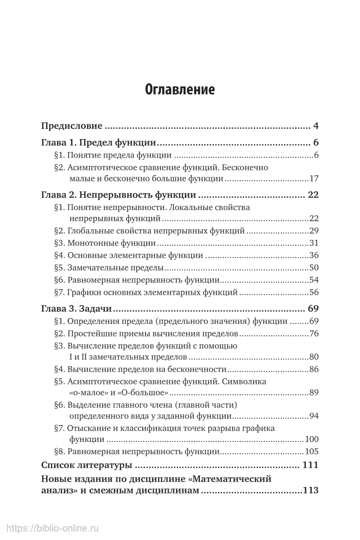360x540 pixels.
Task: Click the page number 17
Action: pyautogui.click(x=313, y=179)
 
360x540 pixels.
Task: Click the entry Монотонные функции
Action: pyautogui.click(x=112, y=243)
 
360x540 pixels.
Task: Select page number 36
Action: pyautogui.click(x=313, y=256)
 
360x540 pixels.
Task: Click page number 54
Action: pyautogui.click(x=313, y=280)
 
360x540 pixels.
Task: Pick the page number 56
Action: pyautogui.click(x=313, y=293)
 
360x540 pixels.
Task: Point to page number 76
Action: pyautogui.click(x=313, y=333)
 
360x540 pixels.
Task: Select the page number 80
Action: pyautogui.click(x=313, y=357)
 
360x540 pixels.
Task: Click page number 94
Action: pyautogui.click(x=313, y=416)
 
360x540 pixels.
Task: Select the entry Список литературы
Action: pyautogui.click(x=86, y=466)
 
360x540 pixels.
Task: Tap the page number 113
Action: pyautogui.click(x=310, y=491)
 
